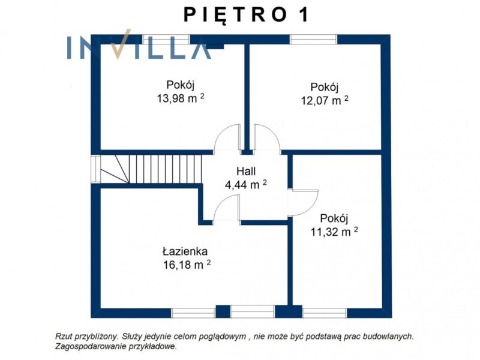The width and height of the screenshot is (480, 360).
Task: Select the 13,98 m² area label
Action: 181,98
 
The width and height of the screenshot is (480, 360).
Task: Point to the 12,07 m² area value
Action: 325,100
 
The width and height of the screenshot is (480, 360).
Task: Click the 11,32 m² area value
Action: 334,232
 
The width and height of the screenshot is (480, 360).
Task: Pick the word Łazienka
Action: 185,251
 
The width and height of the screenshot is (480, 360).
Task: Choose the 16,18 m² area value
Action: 187,265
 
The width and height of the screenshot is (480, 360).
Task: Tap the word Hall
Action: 246,171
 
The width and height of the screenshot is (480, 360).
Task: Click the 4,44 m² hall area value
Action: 246,185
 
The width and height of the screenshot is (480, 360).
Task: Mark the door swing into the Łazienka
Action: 226,208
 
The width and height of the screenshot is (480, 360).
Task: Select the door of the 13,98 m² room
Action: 227,137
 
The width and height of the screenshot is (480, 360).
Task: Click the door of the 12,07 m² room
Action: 266,137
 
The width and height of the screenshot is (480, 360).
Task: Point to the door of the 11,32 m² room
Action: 303,203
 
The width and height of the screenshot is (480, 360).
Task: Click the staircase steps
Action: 166,169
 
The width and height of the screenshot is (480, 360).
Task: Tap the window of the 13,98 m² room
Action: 166,40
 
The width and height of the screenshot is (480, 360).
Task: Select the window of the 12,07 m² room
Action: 313,40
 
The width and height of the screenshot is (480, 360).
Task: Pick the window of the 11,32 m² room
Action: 325,313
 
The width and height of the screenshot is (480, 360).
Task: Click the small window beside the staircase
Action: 96,169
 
